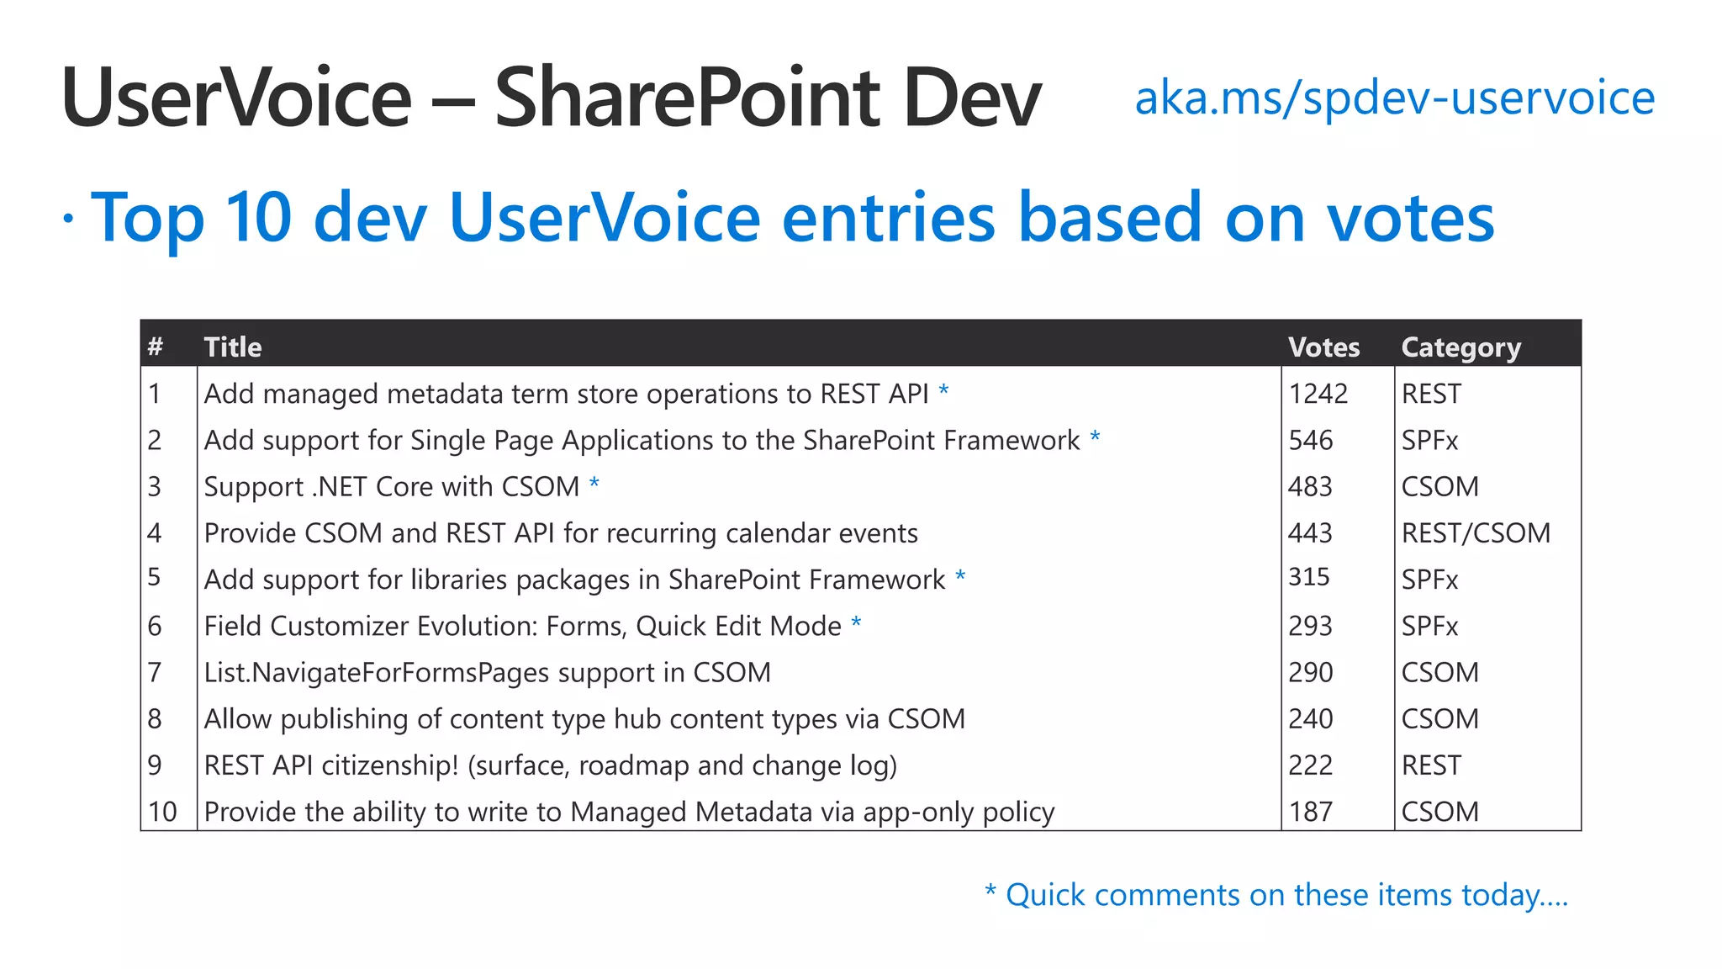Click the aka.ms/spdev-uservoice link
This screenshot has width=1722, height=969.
(x=1394, y=98)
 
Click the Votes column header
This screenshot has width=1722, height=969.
(x=1323, y=347)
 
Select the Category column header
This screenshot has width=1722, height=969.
(x=1461, y=347)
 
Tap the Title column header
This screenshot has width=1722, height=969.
(x=233, y=347)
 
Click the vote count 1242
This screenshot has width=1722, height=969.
(x=1318, y=394)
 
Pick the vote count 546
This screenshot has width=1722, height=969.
(x=1310, y=440)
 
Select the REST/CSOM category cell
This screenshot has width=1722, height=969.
(x=1475, y=533)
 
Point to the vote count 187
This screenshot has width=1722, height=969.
(x=1310, y=812)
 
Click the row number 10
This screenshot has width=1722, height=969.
(x=162, y=812)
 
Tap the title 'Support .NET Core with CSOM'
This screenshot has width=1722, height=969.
(x=392, y=487)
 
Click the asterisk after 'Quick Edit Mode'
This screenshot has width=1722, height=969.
(x=856, y=623)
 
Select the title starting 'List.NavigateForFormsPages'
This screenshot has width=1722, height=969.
(x=487, y=673)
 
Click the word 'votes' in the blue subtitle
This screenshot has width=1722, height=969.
(x=1410, y=218)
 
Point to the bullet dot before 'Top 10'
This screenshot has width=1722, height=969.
(x=68, y=219)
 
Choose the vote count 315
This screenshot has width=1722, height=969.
(x=1308, y=577)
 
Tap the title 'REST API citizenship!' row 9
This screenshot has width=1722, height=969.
(x=550, y=765)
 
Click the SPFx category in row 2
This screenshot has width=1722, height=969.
(x=1429, y=440)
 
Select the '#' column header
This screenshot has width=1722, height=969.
(x=156, y=347)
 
